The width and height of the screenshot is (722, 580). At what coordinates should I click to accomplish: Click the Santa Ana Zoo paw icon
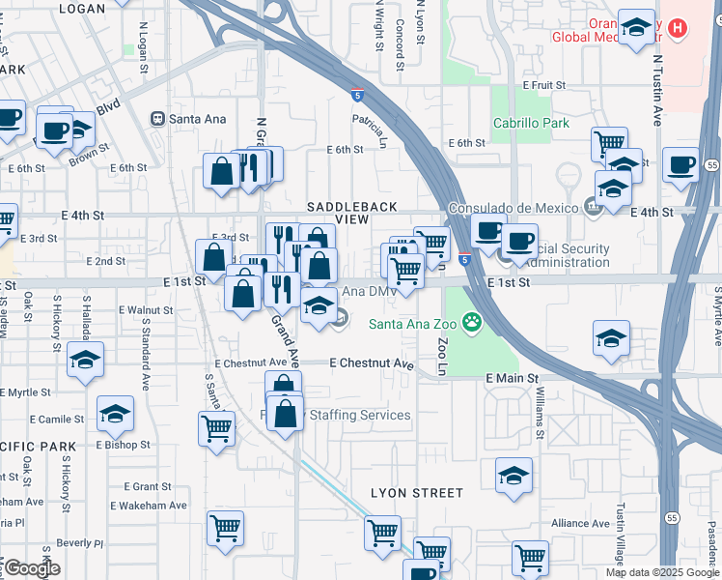point(472,322)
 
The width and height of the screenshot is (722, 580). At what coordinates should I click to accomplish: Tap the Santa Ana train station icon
point(156,119)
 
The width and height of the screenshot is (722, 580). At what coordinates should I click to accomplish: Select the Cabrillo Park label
point(531,123)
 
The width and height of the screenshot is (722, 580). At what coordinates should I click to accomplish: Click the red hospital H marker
point(678,28)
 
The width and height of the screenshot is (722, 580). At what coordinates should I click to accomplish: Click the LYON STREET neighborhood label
point(417,493)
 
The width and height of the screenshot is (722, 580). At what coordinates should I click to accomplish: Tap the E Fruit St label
point(543,85)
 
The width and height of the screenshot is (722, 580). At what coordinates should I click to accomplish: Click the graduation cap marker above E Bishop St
point(115,414)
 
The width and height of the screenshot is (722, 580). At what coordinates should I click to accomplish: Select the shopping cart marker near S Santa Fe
point(217,427)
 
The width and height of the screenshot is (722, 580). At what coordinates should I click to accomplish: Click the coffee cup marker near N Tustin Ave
point(681,164)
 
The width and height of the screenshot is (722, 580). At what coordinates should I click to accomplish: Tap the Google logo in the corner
point(32,568)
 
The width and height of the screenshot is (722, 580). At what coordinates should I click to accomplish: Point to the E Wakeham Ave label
point(149,506)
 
